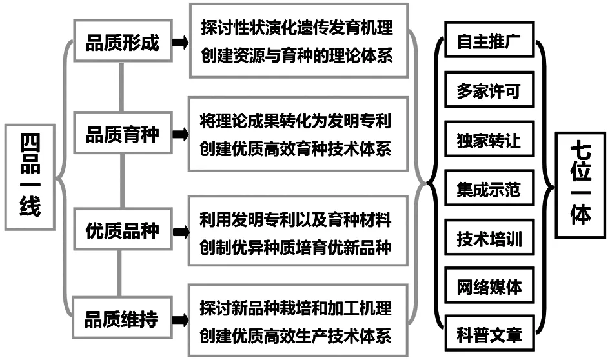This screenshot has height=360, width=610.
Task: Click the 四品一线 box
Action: [x=30, y=177]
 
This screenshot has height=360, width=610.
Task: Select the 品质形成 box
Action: [x=123, y=41]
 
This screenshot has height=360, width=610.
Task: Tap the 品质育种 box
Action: [x=123, y=133]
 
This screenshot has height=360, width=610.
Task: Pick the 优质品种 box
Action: [x=123, y=230]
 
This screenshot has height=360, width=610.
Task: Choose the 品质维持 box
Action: [x=122, y=317]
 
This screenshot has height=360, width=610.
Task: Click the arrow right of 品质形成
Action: [x=181, y=42]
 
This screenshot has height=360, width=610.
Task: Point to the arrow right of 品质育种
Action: [x=181, y=134]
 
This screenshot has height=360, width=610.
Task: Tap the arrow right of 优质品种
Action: [x=181, y=232]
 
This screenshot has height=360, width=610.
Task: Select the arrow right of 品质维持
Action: [x=181, y=319]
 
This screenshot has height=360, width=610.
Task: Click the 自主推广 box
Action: [x=489, y=39]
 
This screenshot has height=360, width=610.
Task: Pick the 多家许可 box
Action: [x=489, y=90]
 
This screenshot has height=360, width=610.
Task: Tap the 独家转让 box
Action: [x=489, y=139]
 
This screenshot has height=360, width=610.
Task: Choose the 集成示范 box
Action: [x=489, y=188]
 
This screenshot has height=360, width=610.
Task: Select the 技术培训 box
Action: [x=489, y=237]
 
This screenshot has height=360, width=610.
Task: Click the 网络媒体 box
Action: [x=489, y=285]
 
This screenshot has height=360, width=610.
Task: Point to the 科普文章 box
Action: [x=489, y=334]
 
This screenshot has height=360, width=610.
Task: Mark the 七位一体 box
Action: [x=580, y=185]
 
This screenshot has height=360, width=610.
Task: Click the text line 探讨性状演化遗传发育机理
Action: [x=297, y=27]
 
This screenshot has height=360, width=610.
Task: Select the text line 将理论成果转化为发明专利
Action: [x=296, y=121]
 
